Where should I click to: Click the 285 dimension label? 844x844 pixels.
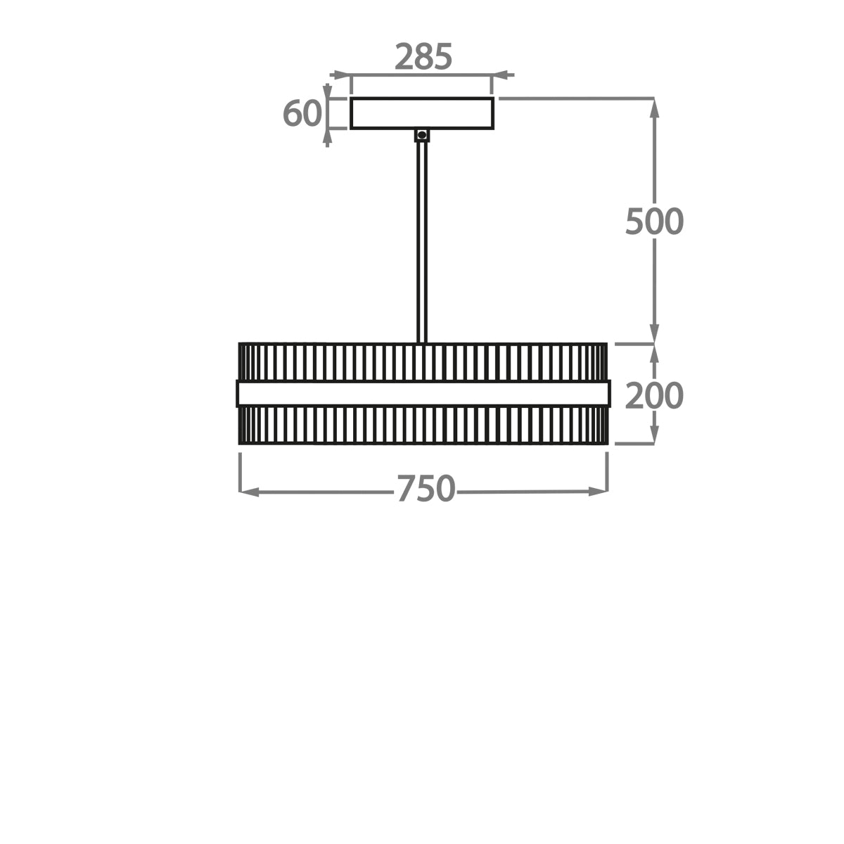pos(423,57)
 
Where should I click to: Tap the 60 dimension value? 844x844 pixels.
pos(302,113)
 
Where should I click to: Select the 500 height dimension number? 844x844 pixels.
pos(654,221)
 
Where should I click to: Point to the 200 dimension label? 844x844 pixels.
pos(654,395)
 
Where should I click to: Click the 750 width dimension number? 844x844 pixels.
pos(426,489)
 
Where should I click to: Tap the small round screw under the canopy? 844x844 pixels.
pos(422,135)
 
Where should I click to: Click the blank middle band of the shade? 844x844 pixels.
pos(423,393)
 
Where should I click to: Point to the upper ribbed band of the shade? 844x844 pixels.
pos(423,362)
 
